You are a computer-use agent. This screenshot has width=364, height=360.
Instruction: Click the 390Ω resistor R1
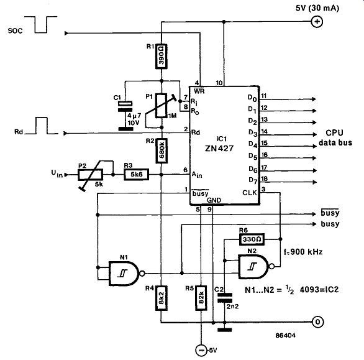[161, 56]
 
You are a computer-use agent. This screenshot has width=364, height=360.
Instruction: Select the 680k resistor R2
[162, 150]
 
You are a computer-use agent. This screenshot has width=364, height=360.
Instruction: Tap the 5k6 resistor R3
[136, 174]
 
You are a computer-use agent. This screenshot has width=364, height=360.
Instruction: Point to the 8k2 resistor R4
[161, 298]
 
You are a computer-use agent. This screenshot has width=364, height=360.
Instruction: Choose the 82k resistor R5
[201, 298]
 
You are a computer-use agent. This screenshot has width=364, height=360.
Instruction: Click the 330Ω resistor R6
[252, 239]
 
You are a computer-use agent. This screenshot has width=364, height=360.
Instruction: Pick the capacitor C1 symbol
[125, 107]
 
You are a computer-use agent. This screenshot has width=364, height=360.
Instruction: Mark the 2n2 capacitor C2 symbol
[224, 298]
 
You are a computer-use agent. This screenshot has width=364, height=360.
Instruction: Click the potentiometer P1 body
[162, 106]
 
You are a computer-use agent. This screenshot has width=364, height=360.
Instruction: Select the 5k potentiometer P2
[90, 175]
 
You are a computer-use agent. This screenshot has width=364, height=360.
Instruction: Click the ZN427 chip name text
[219, 148]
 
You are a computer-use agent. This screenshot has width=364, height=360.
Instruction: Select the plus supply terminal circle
[317, 22]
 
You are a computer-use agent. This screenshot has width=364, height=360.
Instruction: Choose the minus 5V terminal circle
[201, 350]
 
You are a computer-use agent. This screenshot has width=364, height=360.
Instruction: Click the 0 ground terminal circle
[317, 322]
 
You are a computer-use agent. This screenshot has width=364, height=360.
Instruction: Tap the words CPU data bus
[335, 137]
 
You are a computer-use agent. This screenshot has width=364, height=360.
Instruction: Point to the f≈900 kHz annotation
[303, 251]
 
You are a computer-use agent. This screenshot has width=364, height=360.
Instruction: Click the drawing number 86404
[286, 335]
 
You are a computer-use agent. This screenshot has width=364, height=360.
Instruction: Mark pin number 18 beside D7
[265, 178]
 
